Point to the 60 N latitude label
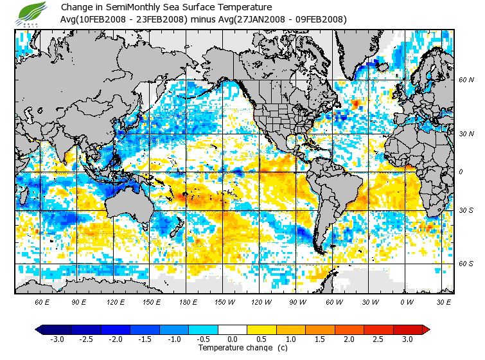click(x=466, y=80)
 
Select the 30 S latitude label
click(x=466, y=211)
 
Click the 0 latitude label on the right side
click(x=461, y=172)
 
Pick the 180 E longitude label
click(x=188, y=301)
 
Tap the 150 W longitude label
click(x=224, y=301)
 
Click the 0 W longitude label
click(x=405, y=301)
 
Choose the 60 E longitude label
click(x=42, y=301)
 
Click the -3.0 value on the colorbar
click(x=57, y=339)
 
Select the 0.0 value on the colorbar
click(x=233, y=339)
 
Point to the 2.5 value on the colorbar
click(x=378, y=339)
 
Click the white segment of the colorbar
click(x=233, y=329)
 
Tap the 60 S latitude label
click(x=466, y=263)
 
